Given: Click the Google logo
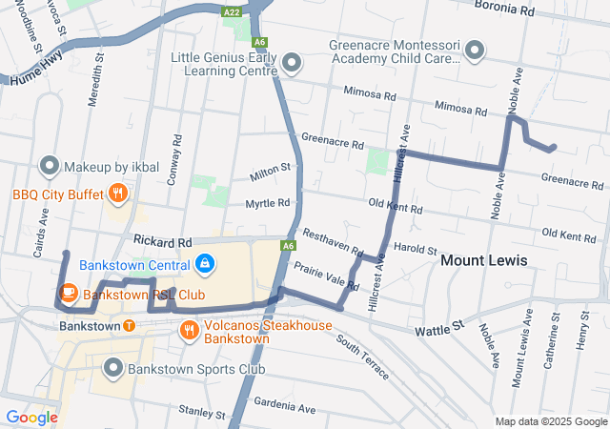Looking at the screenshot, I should (31, 417).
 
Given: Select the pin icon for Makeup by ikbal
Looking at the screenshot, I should (50, 167).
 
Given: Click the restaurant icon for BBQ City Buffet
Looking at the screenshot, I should (117, 194).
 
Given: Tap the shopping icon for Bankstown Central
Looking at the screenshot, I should (206, 263).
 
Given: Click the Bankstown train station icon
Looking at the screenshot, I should (129, 326).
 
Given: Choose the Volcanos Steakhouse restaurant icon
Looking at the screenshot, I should (190, 331).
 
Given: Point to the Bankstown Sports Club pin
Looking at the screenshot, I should (113, 367).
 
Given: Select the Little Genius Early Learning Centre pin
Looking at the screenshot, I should (293, 64).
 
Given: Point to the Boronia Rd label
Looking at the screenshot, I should (502, 10).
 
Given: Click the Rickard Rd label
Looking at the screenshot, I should (163, 243).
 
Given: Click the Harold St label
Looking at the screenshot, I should (414, 248).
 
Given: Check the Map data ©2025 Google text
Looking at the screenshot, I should (550, 421).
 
